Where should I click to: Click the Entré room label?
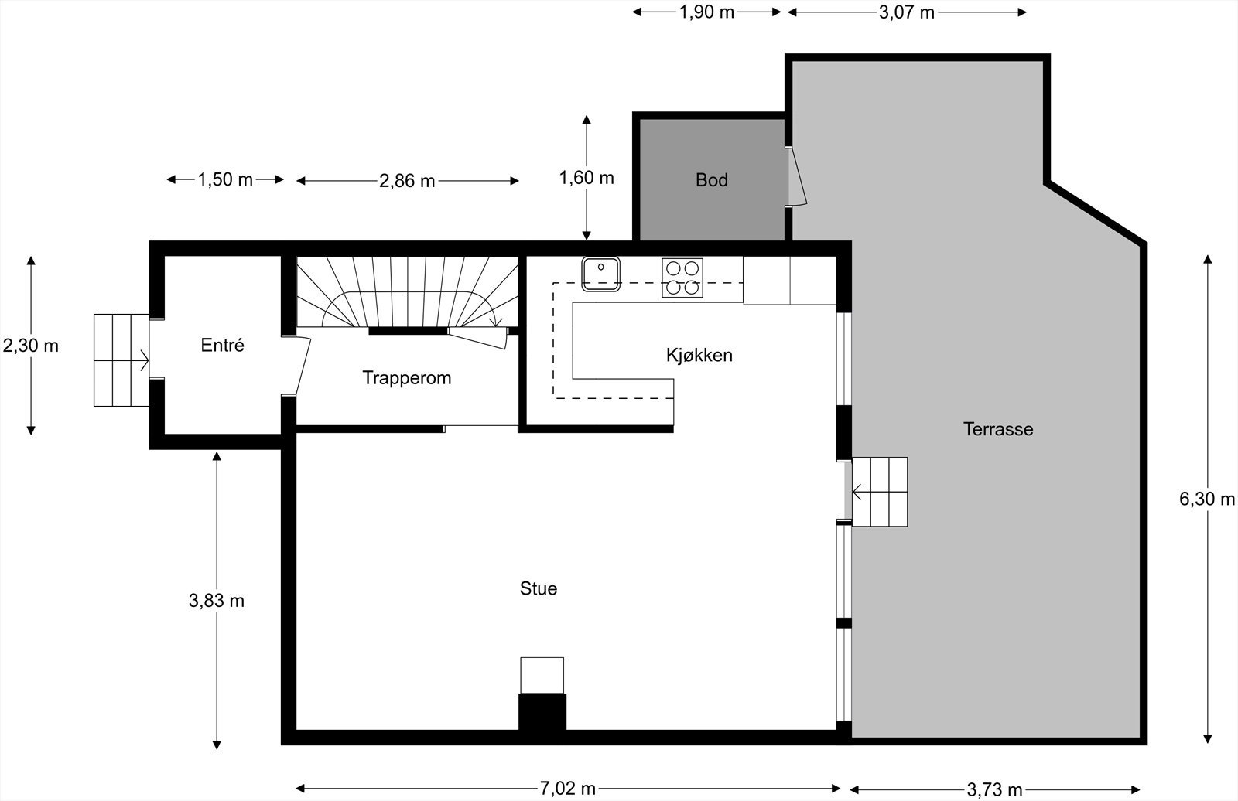coord(222,346)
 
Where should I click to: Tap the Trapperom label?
coord(407,378)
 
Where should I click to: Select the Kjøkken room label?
coord(699,355)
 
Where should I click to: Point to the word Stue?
coord(539,589)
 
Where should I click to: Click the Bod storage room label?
coord(711,180)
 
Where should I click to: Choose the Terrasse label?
coord(998,429)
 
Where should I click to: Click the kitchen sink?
coord(600,274)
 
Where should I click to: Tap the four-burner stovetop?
coord(682,278)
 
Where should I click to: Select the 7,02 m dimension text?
coord(568,789)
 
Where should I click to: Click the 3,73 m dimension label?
coord(994,790)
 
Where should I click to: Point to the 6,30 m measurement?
coord(1206,499)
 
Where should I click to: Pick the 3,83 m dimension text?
coord(216,601)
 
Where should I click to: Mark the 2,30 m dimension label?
coord(30,346)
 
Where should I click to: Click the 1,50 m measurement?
coord(225,179)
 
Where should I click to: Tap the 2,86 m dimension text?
coord(407,181)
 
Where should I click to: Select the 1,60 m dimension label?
coord(587,178)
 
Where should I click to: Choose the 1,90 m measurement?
coord(706,12)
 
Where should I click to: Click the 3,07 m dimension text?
coord(906,12)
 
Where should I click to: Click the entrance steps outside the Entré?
coord(121,360)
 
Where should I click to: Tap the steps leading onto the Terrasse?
coord(879,492)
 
